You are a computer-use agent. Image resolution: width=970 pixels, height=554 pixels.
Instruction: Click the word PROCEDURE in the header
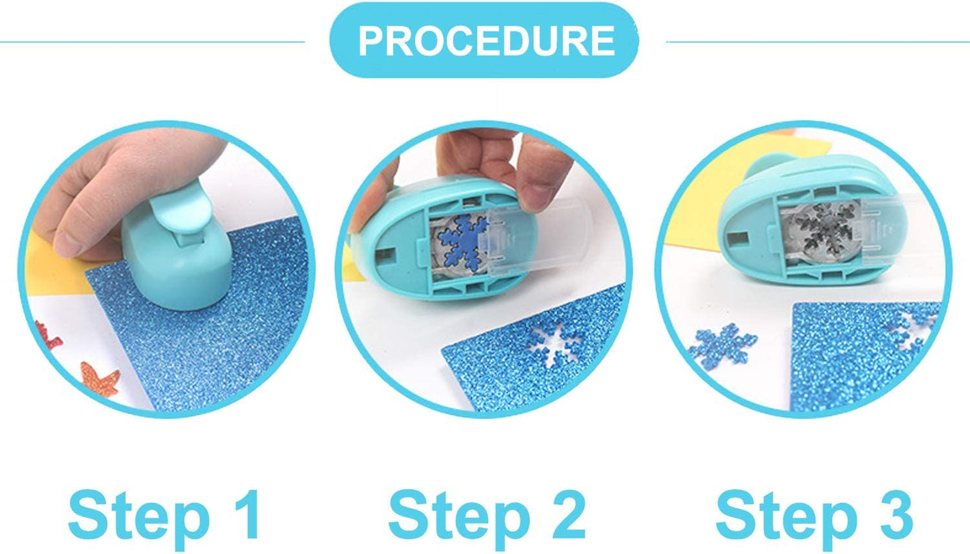[486, 41]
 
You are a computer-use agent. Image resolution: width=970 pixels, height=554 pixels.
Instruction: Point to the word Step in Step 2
[459, 519]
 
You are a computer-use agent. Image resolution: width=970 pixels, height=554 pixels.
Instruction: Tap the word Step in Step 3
[787, 519]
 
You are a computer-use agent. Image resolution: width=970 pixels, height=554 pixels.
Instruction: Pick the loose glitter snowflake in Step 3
[722, 346]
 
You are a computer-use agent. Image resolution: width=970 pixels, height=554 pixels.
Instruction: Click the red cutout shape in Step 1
[47, 336]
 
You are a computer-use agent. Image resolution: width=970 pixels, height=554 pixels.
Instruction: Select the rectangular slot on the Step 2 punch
[386, 255]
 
